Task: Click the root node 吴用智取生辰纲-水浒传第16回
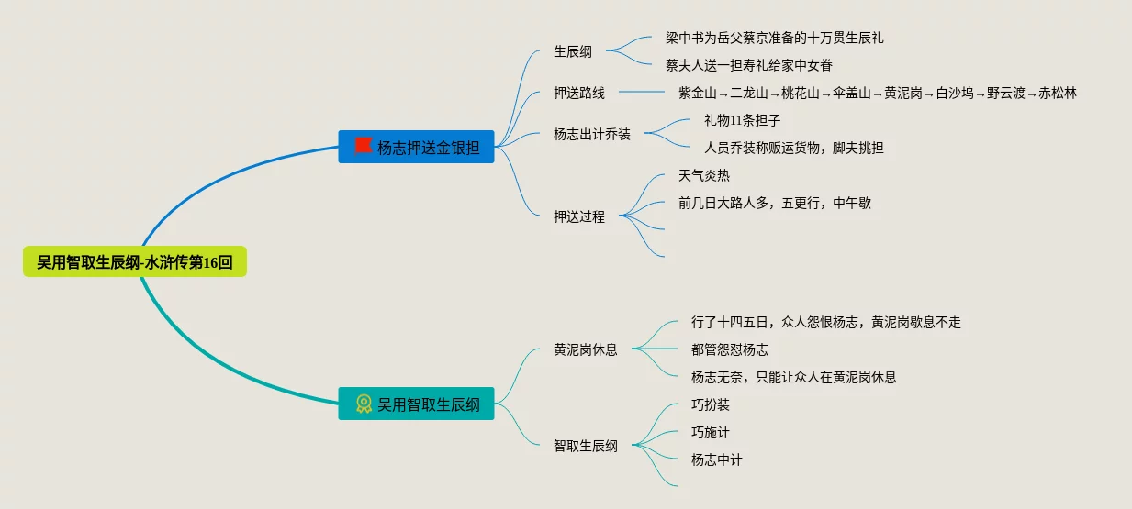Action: tap(135, 262)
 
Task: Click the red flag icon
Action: tap(364, 146)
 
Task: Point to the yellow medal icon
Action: tap(364, 404)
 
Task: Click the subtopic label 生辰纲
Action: tap(573, 51)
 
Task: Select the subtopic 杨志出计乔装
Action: tap(592, 134)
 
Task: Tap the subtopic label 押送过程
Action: tap(579, 216)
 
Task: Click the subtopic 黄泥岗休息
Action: tap(586, 349)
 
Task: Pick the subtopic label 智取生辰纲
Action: tap(586, 446)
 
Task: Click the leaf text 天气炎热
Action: tap(704, 175)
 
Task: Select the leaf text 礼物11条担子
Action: tap(742, 120)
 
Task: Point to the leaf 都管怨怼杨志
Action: tap(730, 349)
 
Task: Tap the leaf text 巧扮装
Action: tap(711, 404)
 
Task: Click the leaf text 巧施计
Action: tap(711, 432)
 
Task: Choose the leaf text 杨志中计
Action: tap(717, 459)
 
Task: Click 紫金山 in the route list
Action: tap(697, 93)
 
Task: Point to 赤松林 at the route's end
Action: tap(1058, 93)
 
